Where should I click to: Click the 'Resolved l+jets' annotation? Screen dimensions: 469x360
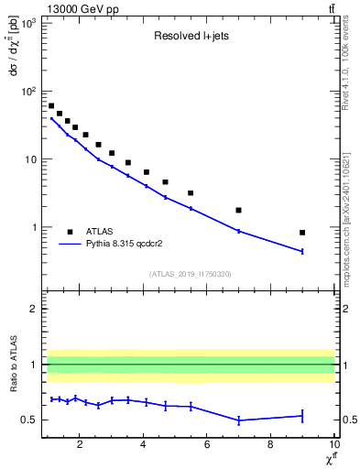pos(191,37)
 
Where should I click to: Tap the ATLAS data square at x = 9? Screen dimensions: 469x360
pos(302,233)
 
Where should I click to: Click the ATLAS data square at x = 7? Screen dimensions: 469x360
pos(238,210)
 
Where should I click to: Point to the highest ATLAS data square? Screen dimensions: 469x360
pos(51,106)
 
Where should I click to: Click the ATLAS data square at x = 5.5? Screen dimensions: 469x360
pos(191,193)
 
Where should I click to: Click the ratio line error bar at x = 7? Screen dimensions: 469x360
pos(238,420)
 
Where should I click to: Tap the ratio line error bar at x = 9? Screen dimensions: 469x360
pos(302,416)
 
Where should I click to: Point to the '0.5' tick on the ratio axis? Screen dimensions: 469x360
pos(29,420)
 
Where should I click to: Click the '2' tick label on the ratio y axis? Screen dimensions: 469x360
pos(33,309)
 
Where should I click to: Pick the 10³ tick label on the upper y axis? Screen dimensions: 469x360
pos(28,23)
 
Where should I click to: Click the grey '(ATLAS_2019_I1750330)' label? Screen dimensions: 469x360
pos(191,274)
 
